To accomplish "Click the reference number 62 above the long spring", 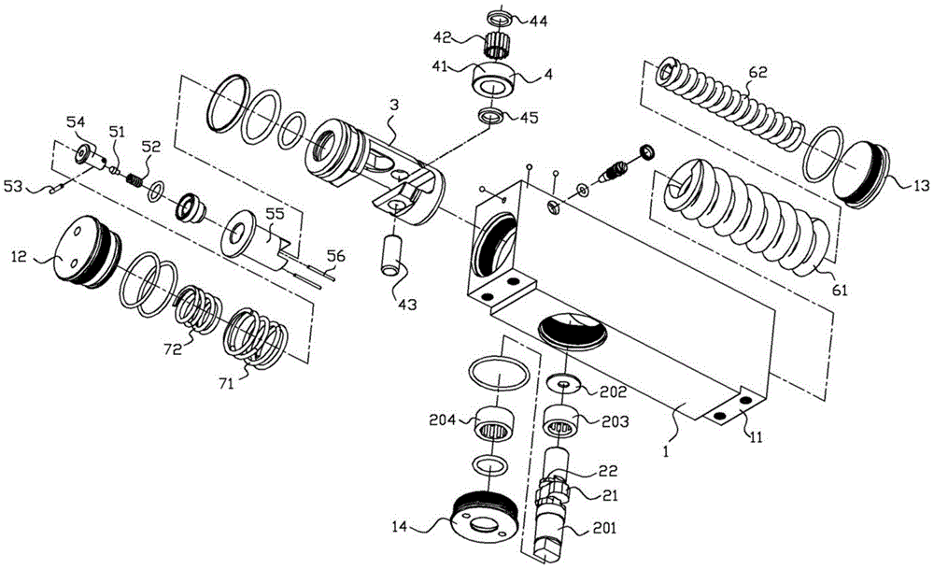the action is coord(757,73).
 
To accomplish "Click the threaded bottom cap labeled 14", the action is coord(484,518).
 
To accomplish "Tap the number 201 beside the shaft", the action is coord(603,528).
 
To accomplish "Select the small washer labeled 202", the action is coord(565,384).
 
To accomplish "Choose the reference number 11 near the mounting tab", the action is coord(756,438).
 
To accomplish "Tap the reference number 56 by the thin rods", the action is coord(335,256).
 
